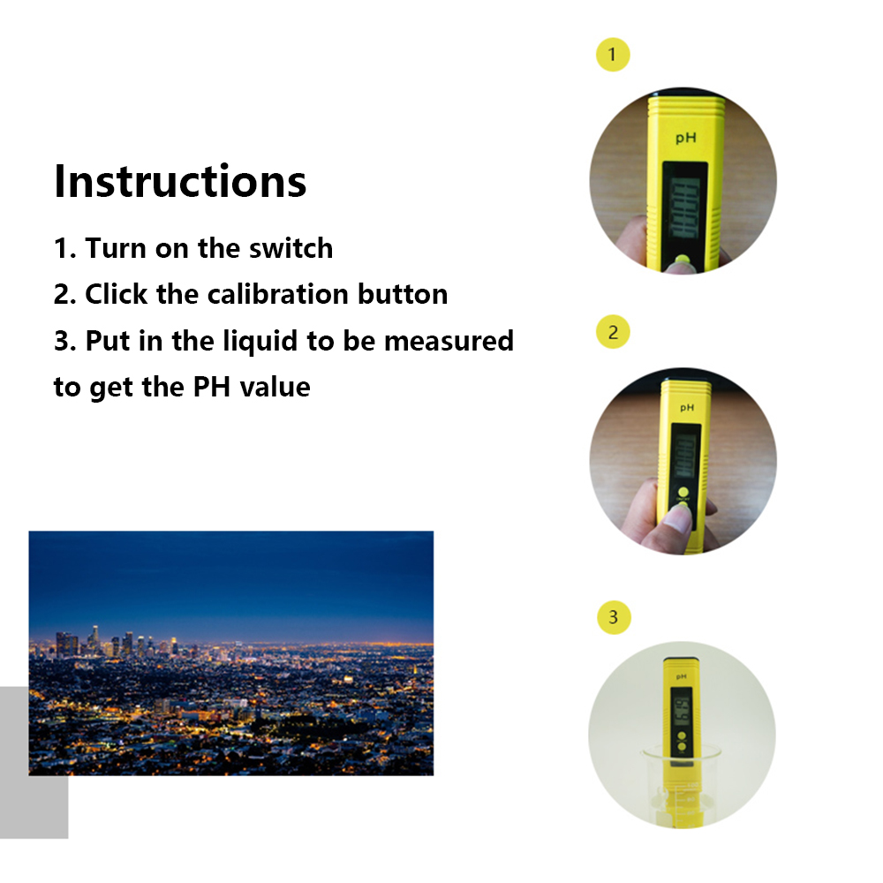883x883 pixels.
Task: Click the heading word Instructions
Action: point(180,181)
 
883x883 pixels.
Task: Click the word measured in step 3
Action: point(449,341)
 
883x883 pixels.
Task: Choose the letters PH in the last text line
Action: point(212,388)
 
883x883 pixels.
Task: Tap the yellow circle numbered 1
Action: point(613,55)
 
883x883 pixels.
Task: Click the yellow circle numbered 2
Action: point(613,332)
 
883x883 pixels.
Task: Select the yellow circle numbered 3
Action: point(614,617)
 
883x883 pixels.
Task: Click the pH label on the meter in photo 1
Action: point(686,138)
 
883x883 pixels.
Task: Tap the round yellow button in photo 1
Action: point(682,260)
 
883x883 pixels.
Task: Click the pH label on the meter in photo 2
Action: point(687,407)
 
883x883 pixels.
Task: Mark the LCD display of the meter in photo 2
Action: point(685,451)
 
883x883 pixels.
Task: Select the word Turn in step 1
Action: point(116,248)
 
